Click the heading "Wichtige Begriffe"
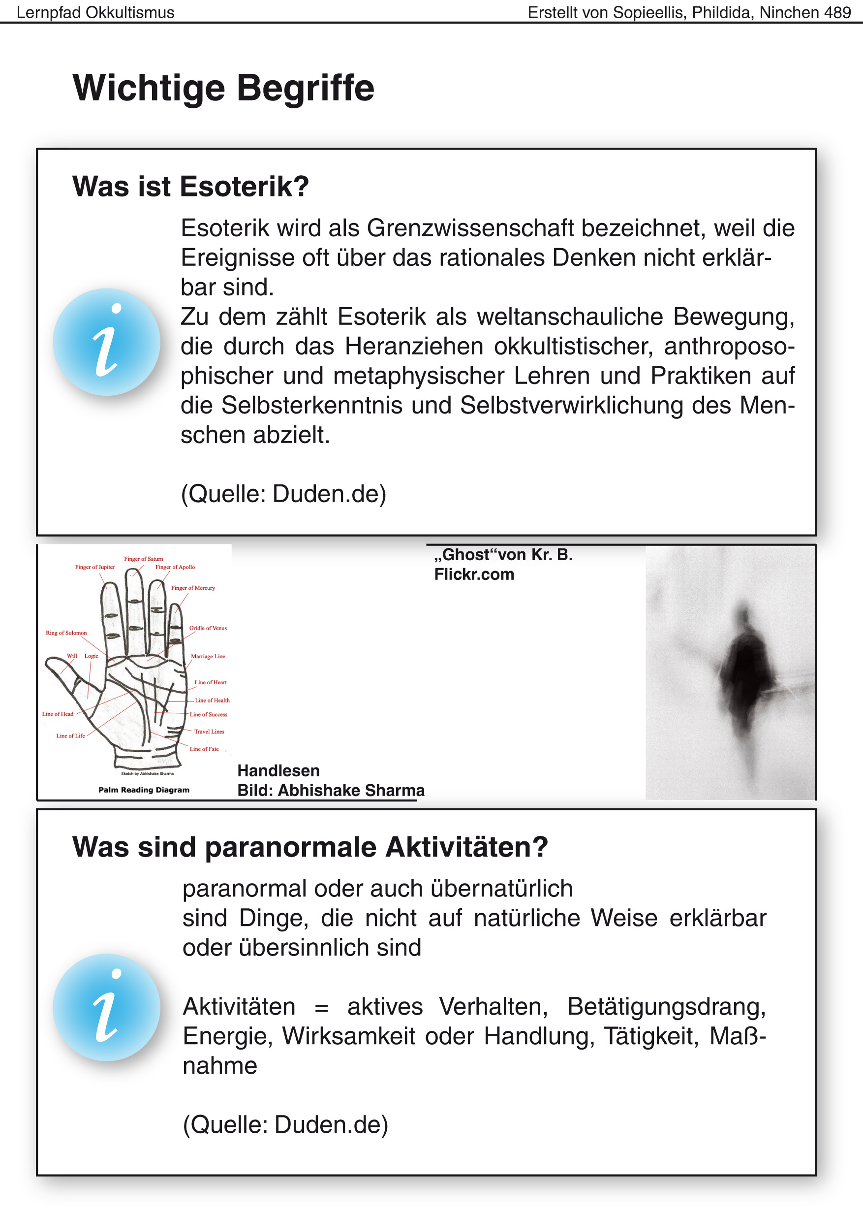(x=223, y=88)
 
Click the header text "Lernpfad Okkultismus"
(x=95, y=12)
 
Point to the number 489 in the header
(x=837, y=12)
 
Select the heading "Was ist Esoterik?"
(x=190, y=187)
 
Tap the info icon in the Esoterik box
(x=106, y=342)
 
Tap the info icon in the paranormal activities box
(x=106, y=1007)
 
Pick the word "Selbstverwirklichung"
(x=571, y=405)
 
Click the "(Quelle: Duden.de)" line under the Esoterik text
(x=283, y=494)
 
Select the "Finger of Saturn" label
(x=144, y=559)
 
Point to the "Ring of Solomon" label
(x=66, y=633)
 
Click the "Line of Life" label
(x=70, y=735)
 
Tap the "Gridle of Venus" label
(x=208, y=628)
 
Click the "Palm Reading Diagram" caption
(x=144, y=790)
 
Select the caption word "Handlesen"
(x=278, y=771)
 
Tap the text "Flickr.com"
(x=474, y=574)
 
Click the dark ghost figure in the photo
(x=744, y=675)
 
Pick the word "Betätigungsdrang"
(x=666, y=1007)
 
